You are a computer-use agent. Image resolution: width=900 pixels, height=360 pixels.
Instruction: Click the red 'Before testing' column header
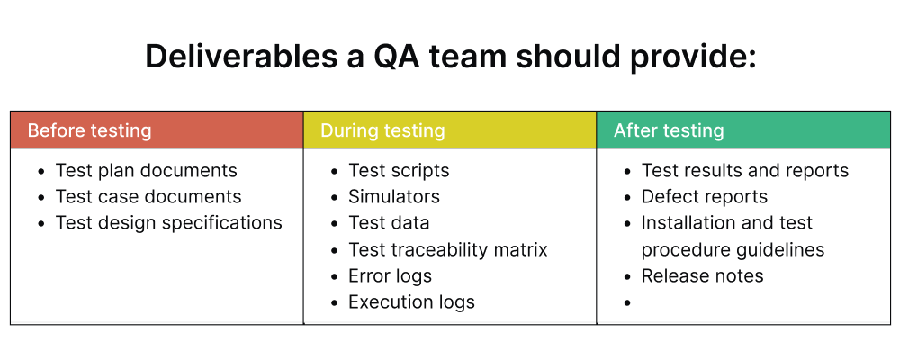(x=156, y=130)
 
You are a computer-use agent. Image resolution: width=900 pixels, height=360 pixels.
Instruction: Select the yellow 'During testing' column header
(x=449, y=130)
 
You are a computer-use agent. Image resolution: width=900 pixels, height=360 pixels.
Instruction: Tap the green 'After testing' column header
(x=743, y=130)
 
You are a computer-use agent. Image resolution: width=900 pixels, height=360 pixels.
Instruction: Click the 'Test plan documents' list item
(x=146, y=171)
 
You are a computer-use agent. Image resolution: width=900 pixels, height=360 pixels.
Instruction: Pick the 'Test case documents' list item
(x=148, y=197)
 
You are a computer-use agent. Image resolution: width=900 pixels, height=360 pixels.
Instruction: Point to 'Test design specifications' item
(x=168, y=223)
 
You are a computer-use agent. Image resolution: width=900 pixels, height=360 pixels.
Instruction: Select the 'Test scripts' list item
(x=399, y=171)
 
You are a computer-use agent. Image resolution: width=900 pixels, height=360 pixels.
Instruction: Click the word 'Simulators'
(x=394, y=197)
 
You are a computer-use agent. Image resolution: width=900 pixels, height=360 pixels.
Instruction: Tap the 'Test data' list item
(x=389, y=223)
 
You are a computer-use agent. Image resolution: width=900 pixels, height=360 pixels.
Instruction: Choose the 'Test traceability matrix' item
(x=447, y=249)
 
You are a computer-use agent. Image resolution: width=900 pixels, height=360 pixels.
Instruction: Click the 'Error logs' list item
(x=390, y=276)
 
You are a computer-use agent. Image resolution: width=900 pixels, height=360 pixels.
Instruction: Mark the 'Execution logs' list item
(x=411, y=302)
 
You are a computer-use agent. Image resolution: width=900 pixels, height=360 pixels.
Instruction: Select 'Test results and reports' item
(x=744, y=171)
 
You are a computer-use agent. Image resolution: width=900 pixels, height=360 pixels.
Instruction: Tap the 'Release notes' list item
(x=702, y=276)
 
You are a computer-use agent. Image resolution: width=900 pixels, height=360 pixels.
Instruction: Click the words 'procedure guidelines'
(x=733, y=249)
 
